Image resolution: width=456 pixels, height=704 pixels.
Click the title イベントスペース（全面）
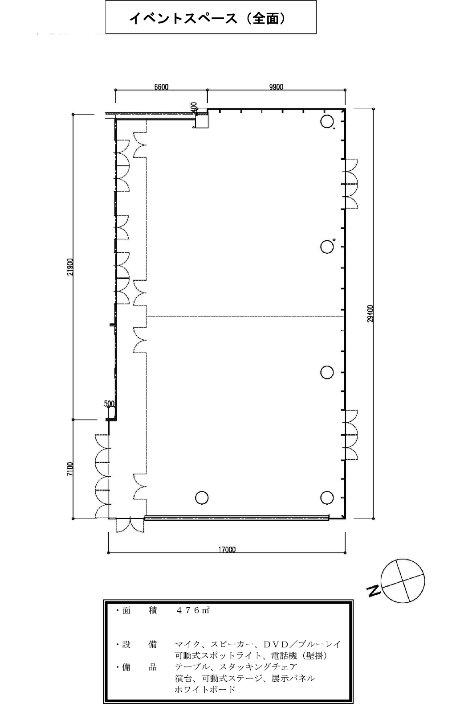(x=208, y=18)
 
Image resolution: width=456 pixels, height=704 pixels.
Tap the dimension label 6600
(x=161, y=87)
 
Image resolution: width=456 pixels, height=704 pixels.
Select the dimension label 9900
(x=276, y=87)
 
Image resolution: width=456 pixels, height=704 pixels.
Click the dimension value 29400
(x=370, y=313)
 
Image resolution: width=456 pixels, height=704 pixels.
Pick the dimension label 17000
(x=227, y=550)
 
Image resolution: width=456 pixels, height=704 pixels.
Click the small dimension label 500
(x=109, y=403)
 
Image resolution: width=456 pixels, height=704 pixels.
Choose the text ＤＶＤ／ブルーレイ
(x=301, y=644)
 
